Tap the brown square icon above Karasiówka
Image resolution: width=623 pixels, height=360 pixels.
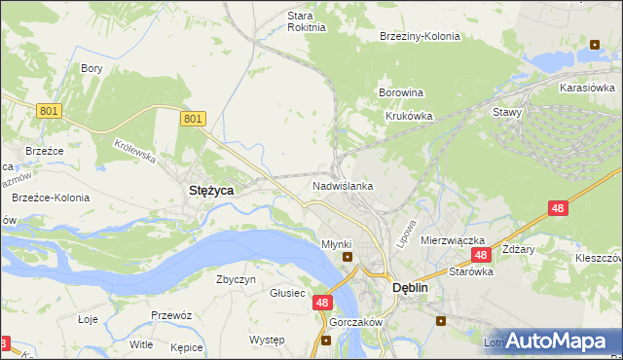(594, 44)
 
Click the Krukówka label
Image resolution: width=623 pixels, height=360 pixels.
(406, 115)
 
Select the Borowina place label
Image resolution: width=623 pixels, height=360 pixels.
(399, 93)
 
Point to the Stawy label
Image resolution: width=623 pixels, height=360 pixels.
(507, 112)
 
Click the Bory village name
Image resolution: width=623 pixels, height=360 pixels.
(92, 68)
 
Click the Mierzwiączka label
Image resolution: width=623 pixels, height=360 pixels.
(453, 239)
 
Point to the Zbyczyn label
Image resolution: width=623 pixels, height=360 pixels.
(236, 279)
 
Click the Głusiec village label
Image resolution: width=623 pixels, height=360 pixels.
(287, 293)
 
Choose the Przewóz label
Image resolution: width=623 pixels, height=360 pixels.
(170, 315)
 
